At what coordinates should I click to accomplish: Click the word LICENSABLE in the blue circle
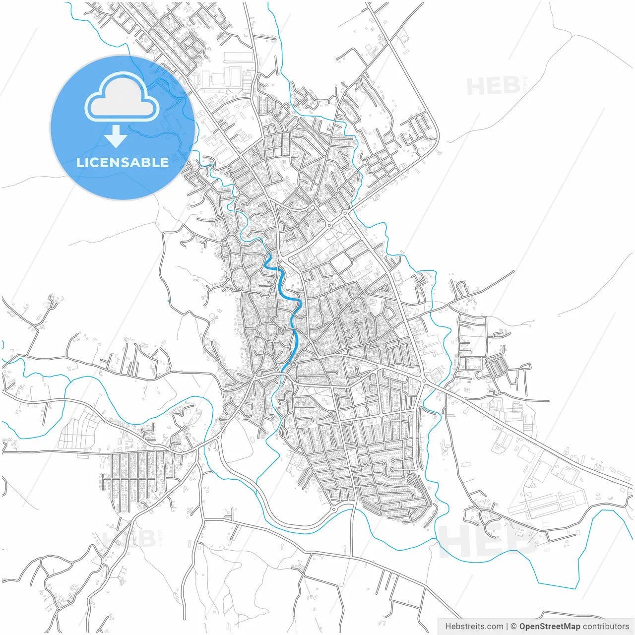tap(122, 162)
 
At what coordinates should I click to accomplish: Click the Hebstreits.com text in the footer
tap(474, 627)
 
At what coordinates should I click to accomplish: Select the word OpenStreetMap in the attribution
tap(549, 627)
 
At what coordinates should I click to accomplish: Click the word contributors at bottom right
tap(605, 627)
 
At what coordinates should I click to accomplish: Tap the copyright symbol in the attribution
tap(513, 627)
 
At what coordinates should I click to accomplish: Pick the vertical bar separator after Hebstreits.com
tap(507, 627)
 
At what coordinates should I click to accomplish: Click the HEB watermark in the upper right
tap(493, 87)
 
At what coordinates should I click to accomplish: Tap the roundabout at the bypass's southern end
tap(334, 509)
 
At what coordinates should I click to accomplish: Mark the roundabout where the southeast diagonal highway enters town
tap(423, 381)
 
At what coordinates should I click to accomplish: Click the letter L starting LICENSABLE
tap(79, 162)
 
